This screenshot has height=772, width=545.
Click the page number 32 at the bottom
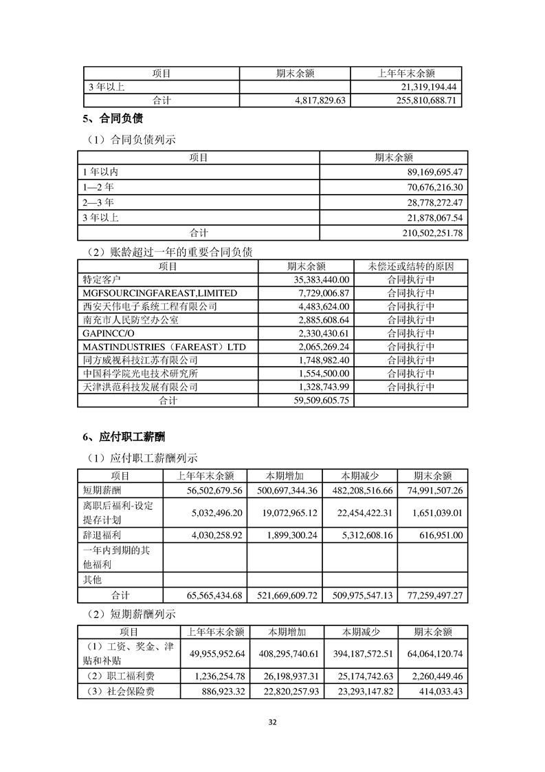pos(272,722)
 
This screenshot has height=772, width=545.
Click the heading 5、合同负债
pos(108,118)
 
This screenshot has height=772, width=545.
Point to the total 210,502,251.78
pos(425,233)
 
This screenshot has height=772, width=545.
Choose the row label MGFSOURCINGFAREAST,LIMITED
pos(159,293)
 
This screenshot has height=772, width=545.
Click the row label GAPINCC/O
pos(105,333)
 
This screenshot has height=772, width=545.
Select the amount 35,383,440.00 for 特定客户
pos(317,280)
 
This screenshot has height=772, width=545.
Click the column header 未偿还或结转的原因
pos(411,266)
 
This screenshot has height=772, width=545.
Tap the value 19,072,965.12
pos(282,513)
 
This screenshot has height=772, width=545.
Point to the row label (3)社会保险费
pos(118,691)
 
